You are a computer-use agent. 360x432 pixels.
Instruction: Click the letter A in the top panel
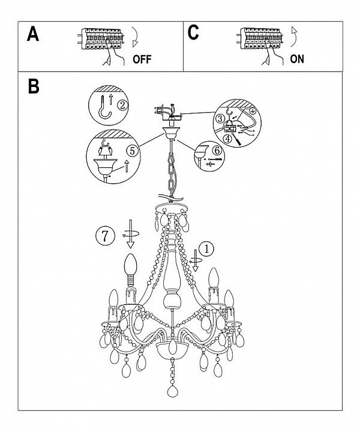pyautogui.click(x=34, y=34)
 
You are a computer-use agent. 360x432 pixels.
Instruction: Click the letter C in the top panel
pyautogui.click(x=193, y=33)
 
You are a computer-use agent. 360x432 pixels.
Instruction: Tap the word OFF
pyautogui.click(x=142, y=59)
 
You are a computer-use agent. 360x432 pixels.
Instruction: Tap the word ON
pyautogui.click(x=296, y=59)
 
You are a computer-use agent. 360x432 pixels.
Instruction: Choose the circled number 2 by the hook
pyautogui.click(x=122, y=105)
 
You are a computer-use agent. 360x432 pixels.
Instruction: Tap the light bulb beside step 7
pyautogui.click(x=130, y=268)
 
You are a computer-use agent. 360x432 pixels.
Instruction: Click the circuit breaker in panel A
pyautogui.click(x=100, y=41)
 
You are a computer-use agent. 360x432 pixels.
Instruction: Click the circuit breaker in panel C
pyautogui.click(x=259, y=41)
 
